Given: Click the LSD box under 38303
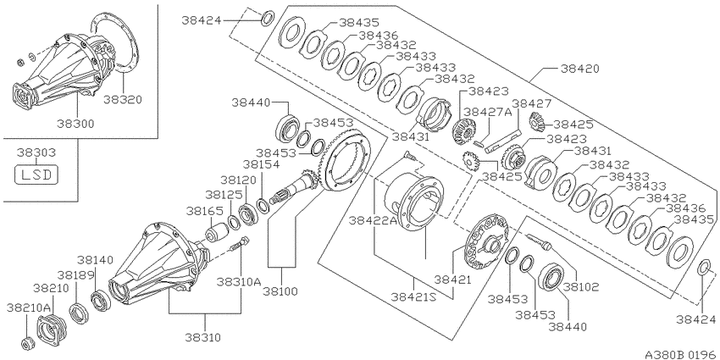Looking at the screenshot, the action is (36, 175).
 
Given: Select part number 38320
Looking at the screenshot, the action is (123, 100).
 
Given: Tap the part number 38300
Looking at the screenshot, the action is (75, 124).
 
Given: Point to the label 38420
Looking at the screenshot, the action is (580, 69).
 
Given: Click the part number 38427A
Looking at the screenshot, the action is (487, 112).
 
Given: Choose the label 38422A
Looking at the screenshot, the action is (373, 221).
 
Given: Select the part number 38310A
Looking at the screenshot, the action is (239, 281).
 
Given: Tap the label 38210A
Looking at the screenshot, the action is (29, 307).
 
